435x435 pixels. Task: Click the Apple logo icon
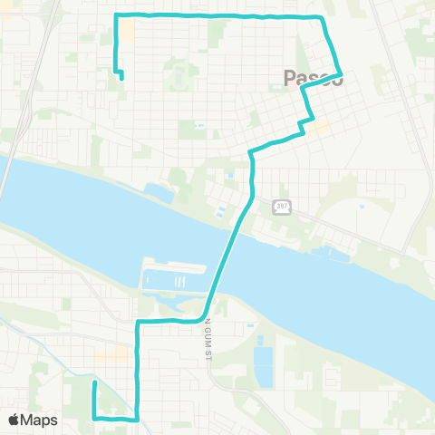tap(14, 420)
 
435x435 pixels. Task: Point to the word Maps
tap(40, 420)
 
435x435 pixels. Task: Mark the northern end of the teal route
tap(120, 77)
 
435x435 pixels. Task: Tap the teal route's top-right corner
tap(324, 17)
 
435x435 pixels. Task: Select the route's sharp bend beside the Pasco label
tap(341, 73)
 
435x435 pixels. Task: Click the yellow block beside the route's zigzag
tap(321, 128)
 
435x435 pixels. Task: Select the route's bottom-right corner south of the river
tap(137, 419)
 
